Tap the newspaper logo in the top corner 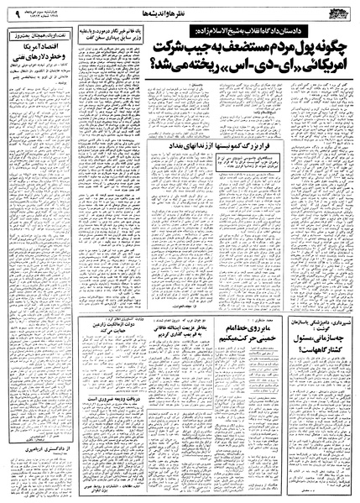(x=336, y=11)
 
